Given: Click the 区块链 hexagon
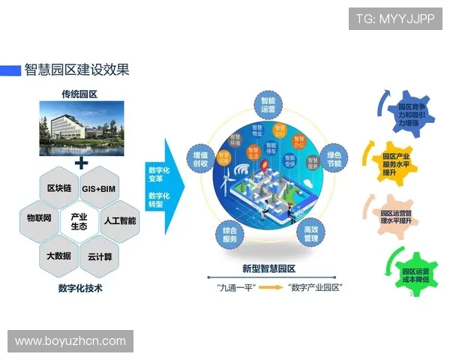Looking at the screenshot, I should pyautogui.click(x=59, y=187).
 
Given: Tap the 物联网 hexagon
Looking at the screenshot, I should pyautogui.click(x=39, y=219).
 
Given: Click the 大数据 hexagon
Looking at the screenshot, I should pyautogui.click(x=59, y=256).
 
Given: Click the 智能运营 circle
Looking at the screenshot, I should pyautogui.click(x=269, y=104).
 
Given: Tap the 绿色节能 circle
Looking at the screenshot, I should pyautogui.click(x=334, y=158).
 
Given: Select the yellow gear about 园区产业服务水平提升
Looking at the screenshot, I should pyautogui.click(x=398, y=158).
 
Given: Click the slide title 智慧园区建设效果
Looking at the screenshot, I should pyautogui.click(x=76, y=70).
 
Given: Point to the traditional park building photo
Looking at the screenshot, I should pyautogui.click(x=80, y=130).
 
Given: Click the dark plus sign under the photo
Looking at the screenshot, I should pyautogui.click(x=81, y=163).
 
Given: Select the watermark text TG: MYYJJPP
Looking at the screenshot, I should pyautogui.click(x=394, y=19).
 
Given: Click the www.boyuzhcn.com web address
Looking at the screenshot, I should pyautogui.click(x=70, y=341).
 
